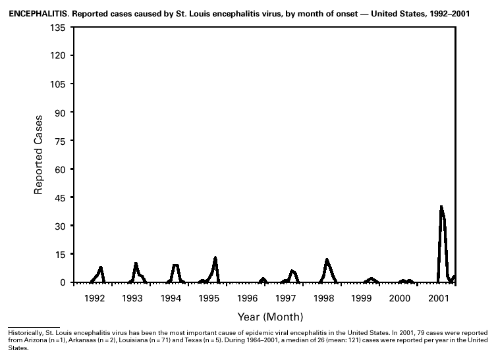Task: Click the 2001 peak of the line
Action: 441,207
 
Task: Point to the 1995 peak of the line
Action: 215,257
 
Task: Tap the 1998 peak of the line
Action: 327,260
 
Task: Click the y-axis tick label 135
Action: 56,28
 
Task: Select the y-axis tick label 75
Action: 59,141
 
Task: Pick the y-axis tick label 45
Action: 59,197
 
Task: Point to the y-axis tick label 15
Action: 59,254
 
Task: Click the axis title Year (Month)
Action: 270,317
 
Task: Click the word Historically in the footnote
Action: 24,334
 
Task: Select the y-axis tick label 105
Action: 56,84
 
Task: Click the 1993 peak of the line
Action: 136,263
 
